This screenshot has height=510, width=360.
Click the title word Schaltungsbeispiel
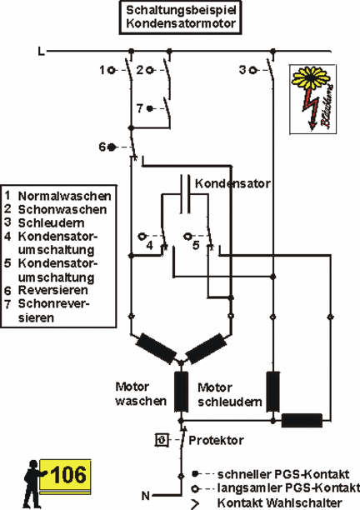[181, 10]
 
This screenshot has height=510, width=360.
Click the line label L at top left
[42, 51]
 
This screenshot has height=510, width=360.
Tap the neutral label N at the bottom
[146, 496]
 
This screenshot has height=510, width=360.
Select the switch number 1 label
[102, 70]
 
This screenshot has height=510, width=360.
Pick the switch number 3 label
[242, 70]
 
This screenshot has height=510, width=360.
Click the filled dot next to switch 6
[112, 147]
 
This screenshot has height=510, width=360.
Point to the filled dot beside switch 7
[150, 108]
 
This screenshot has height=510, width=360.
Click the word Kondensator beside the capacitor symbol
[232, 184]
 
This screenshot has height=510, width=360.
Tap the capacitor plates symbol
[185, 194]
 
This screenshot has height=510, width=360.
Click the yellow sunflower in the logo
[311, 77]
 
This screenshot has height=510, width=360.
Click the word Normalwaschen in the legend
[65, 196]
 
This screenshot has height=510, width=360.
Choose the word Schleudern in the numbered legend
[52, 223]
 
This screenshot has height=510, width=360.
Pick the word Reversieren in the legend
[53, 290]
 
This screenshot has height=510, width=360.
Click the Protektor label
[217, 440]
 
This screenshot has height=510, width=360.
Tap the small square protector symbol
[162, 440]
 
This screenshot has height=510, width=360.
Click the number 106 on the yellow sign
[68, 474]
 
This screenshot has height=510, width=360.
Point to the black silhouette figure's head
[33, 464]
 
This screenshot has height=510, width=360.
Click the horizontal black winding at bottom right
[302, 421]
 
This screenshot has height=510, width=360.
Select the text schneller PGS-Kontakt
[283, 474]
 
